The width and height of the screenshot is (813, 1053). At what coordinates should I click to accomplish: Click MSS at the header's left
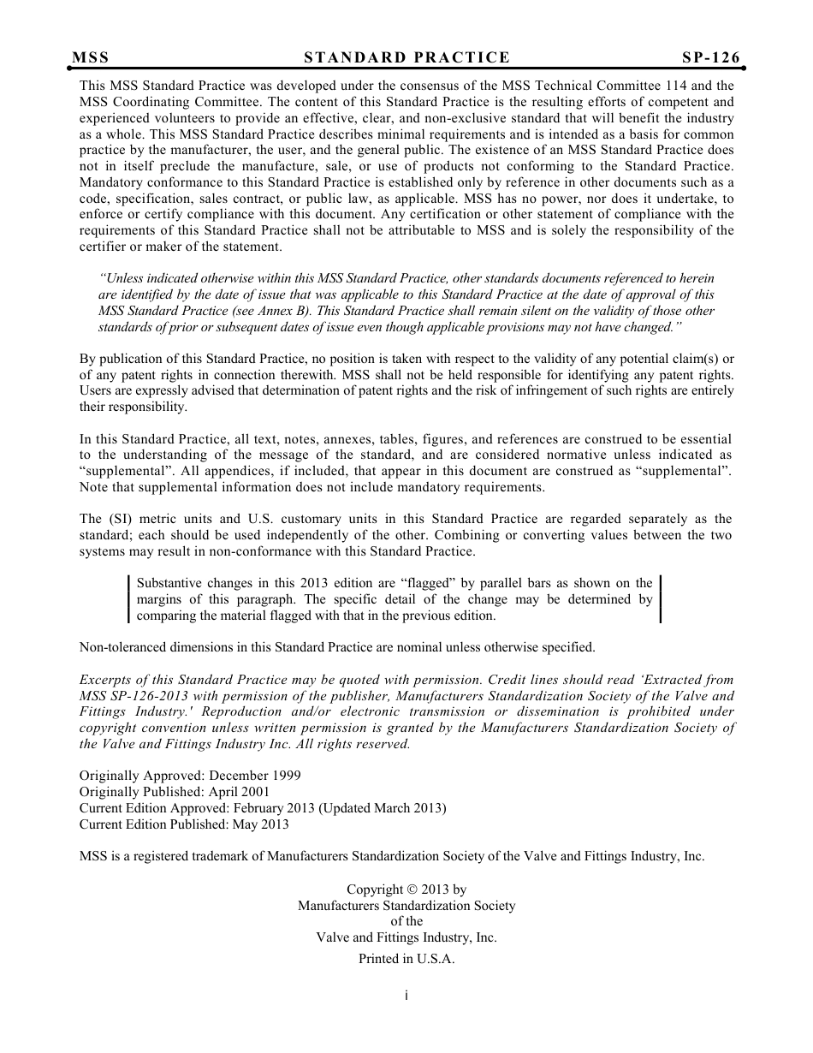point(91,57)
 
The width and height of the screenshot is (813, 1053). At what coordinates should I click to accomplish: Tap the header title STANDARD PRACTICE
point(406,57)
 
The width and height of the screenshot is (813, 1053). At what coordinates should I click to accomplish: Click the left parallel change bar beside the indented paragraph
point(128,599)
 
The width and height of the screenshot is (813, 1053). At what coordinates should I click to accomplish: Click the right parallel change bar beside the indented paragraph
point(661,599)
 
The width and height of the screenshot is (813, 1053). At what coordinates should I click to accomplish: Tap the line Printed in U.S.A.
point(406,959)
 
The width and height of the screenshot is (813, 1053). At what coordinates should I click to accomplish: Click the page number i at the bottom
point(406,996)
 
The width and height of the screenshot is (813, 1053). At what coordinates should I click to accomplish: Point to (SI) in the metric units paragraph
point(117,519)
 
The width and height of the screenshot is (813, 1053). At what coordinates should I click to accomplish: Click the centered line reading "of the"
point(406,921)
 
